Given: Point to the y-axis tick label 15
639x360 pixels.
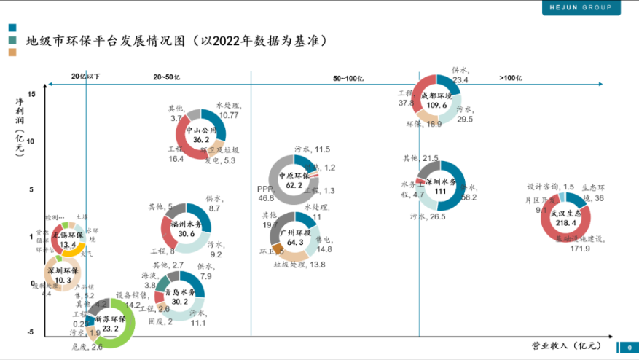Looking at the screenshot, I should tap(31, 93).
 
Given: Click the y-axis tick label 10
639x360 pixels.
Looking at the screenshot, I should tap(31, 141).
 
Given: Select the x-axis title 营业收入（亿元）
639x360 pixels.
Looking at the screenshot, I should tap(566, 345).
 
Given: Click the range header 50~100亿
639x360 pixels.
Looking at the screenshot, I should tap(348, 77).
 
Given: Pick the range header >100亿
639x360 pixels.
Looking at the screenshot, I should tap(511, 77).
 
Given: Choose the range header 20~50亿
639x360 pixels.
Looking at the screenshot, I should tap(166, 77).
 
